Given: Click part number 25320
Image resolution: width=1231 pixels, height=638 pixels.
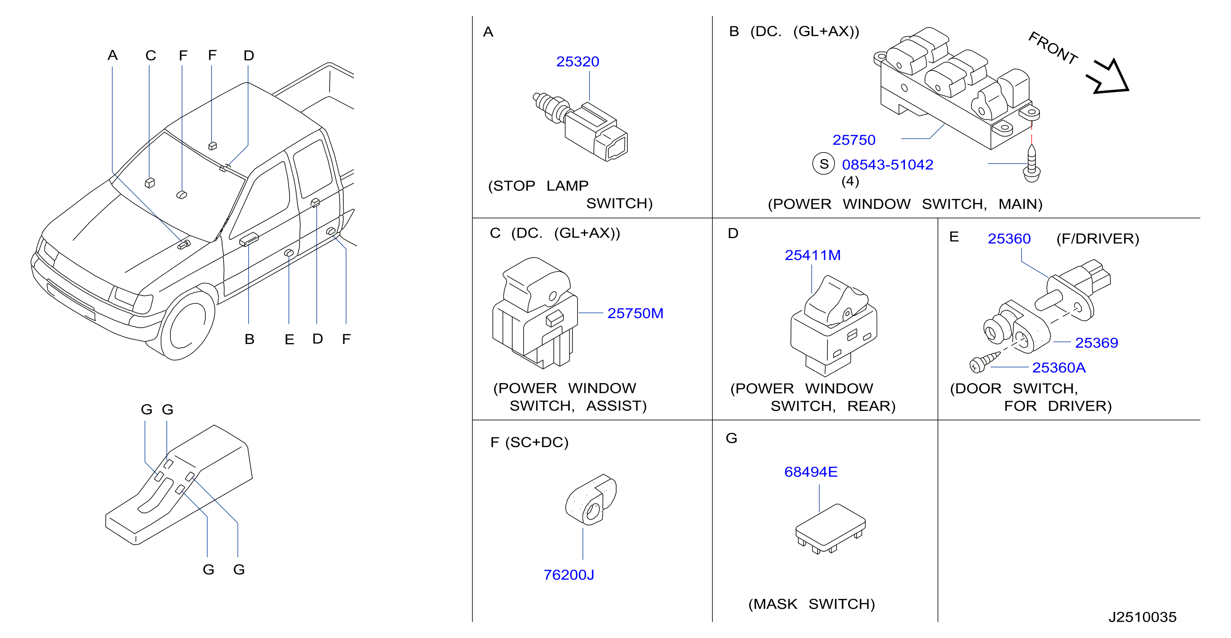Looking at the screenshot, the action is (x=577, y=62).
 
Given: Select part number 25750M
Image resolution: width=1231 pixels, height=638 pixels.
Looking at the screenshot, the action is (x=635, y=313).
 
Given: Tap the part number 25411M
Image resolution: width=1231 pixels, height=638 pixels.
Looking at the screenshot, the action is (x=813, y=255).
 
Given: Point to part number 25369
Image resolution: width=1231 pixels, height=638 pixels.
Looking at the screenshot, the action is (x=1096, y=343).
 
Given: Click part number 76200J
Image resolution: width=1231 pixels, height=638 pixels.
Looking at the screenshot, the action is (x=569, y=575).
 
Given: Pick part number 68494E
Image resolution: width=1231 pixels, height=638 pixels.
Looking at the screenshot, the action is (x=810, y=472).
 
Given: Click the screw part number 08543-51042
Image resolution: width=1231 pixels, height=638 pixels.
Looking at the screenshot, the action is (x=887, y=165).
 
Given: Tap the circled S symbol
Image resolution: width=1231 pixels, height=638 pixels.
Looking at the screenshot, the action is (x=823, y=164).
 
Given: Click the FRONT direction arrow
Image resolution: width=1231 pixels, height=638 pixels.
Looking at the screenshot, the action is (x=1109, y=77).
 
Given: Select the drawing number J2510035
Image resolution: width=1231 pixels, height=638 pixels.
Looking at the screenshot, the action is (x=1142, y=617).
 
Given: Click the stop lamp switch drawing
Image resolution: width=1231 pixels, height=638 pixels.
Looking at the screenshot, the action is (x=580, y=126).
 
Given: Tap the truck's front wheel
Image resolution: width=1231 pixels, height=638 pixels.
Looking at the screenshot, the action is (x=187, y=326).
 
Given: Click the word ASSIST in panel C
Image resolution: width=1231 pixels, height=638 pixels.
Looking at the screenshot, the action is (x=617, y=406).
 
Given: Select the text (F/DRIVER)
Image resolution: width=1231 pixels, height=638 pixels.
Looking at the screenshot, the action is (x=1098, y=239).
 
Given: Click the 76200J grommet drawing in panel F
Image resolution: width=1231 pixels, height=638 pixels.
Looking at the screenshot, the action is (x=591, y=500).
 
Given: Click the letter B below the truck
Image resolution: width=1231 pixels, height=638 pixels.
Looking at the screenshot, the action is (x=249, y=339).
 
